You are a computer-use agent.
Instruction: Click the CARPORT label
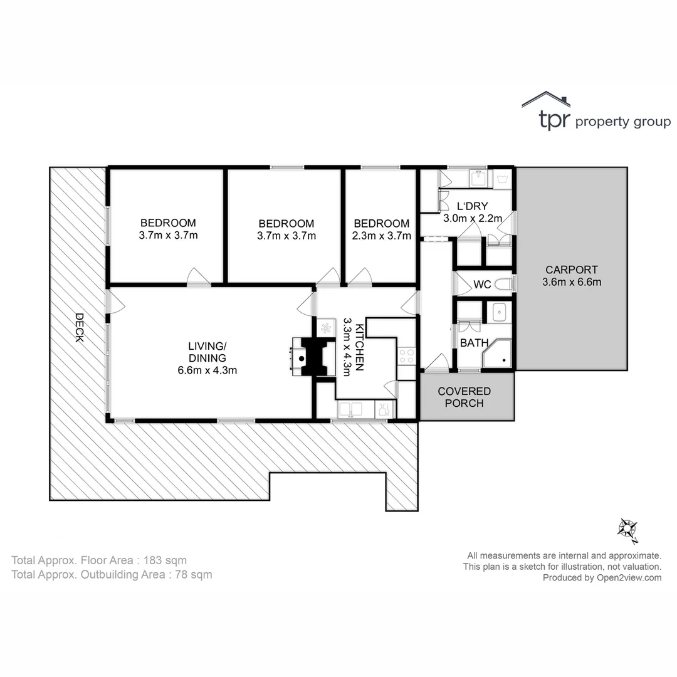(571, 270)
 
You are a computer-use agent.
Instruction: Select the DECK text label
(79, 327)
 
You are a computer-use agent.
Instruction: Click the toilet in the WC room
(503, 285)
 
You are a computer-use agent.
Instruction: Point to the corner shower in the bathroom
(498, 355)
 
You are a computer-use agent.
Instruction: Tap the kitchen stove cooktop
(406, 356)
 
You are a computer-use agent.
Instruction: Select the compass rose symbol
(627, 530)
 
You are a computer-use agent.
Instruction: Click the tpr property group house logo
(545, 100)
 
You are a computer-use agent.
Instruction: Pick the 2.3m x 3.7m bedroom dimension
(382, 236)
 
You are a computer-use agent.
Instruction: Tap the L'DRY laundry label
(472, 206)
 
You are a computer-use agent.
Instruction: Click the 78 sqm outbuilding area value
(194, 574)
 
